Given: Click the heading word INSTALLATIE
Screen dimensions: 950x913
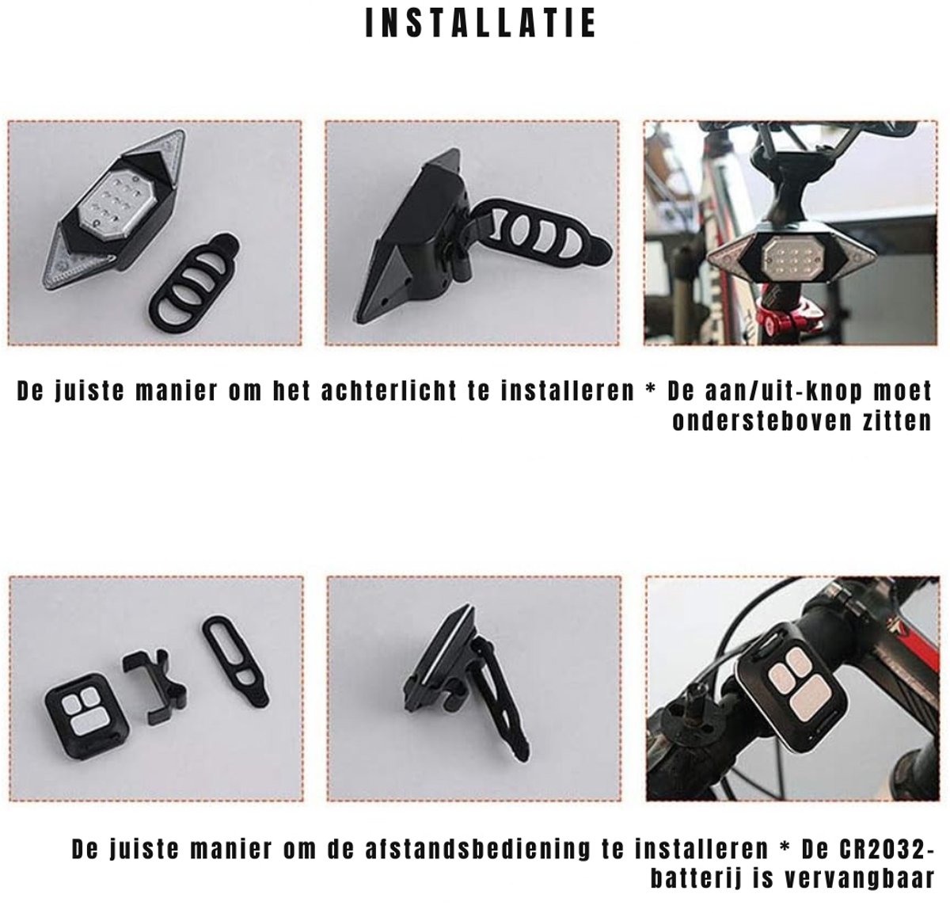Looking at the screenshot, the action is tap(481, 23).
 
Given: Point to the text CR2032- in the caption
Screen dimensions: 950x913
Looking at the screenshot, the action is tap(887, 849).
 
